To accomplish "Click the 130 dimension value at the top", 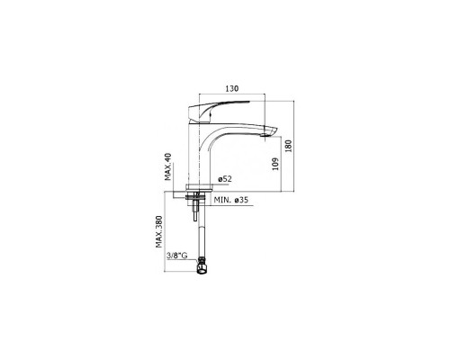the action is (x=232, y=88).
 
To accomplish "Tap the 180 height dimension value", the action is (x=289, y=146).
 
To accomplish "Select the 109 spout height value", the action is (x=275, y=164).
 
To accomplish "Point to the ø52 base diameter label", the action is (x=225, y=179).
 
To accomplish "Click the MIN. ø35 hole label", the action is (x=231, y=200).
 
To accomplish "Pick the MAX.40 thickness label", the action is (x=168, y=166).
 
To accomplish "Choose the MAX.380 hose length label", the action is (x=159, y=231).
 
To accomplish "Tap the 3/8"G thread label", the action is (x=177, y=256).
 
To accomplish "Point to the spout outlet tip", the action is (x=270, y=132).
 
